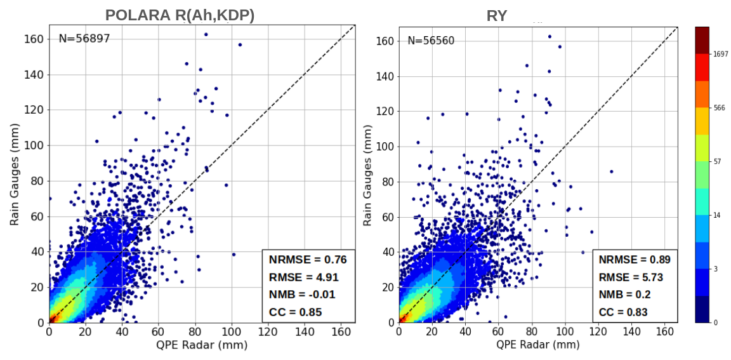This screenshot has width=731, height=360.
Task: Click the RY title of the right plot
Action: (x=497, y=16)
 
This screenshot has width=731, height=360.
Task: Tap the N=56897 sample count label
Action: (x=84, y=39)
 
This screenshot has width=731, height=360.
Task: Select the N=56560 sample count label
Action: (x=431, y=41)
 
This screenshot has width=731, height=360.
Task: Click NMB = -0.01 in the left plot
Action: (x=302, y=295)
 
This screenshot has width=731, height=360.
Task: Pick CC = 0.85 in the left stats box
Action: (x=296, y=312)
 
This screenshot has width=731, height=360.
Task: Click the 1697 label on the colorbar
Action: (x=720, y=55)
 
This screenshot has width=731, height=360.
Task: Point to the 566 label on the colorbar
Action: (x=718, y=108)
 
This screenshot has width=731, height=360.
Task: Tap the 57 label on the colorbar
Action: (x=717, y=162)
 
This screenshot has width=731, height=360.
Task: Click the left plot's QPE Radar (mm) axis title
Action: (x=202, y=345)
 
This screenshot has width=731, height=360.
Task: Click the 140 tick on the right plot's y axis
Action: (x=383, y=76)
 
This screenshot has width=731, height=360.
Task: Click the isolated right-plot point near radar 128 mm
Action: (x=612, y=171)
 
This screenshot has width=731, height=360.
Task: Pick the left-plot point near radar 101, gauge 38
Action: (x=234, y=255)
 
